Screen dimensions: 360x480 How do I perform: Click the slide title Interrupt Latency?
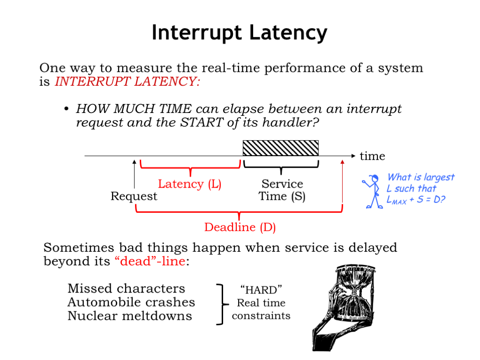tap(240, 33)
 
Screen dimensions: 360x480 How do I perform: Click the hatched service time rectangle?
tap(280, 148)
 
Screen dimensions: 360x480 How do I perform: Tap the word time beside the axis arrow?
tap(372, 156)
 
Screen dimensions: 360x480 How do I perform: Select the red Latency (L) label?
tap(189, 184)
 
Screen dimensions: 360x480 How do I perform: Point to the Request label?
tap(134, 196)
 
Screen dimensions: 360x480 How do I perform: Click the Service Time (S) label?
tap(282, 190)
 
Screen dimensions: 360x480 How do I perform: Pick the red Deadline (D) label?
tap(240, 228)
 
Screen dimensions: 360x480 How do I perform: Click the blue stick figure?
tap(373, 191)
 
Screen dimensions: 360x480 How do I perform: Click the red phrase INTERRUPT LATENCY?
tap(127, 82)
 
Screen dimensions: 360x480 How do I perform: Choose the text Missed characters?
tap(126, 288)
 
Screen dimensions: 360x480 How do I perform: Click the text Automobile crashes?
tap(131, 302)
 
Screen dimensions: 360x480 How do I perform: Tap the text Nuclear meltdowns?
tap(130, 315)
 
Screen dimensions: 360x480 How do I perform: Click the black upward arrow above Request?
tap(135, 173)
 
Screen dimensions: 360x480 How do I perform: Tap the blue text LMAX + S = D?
tap(416, 200)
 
